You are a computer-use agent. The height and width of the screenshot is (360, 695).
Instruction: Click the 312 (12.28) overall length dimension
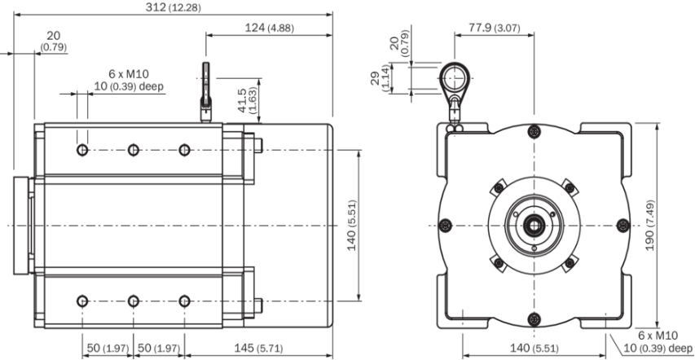173,7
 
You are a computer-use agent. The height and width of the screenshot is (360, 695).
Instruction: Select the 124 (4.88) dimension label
269,28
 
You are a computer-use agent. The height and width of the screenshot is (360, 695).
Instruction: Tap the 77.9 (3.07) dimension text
495,28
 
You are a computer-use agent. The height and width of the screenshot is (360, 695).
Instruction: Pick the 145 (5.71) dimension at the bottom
259,348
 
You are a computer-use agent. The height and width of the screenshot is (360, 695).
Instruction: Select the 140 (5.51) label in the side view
351,225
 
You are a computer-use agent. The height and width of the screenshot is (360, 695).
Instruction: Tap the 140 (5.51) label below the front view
534,348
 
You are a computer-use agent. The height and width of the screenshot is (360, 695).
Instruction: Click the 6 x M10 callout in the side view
129,74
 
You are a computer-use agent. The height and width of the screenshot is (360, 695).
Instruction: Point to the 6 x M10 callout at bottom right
658,336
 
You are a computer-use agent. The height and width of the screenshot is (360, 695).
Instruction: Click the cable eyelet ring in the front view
455,78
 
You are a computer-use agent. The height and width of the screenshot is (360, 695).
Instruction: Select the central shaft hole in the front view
534,226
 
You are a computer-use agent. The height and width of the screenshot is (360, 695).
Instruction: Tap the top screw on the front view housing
534,131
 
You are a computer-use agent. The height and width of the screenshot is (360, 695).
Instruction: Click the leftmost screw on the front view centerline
445,226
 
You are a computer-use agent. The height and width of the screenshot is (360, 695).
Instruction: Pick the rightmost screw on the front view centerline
623,226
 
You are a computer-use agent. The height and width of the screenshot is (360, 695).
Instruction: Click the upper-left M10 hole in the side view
82,150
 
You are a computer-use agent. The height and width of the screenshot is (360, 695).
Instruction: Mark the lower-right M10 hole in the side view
184,301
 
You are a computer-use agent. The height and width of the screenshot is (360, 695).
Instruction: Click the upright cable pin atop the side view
205,92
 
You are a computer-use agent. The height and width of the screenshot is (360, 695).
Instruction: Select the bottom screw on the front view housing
534,318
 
